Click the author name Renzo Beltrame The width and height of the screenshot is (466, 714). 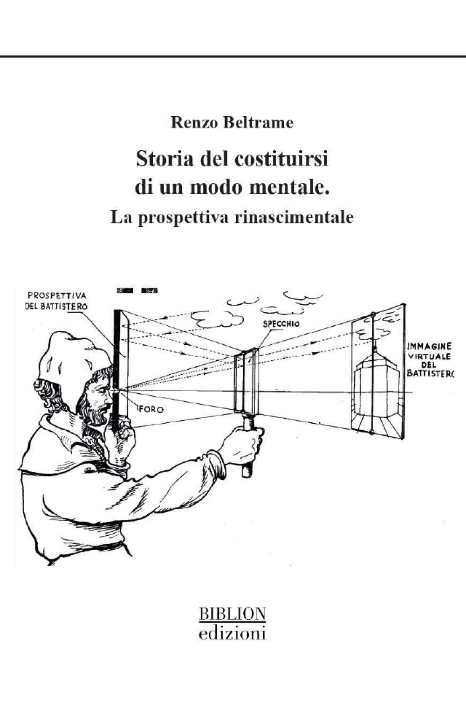pos(232,123)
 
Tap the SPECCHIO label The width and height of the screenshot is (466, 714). pos(281,324)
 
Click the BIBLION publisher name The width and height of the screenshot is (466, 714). pos(233,614)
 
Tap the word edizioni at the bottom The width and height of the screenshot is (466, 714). pos(233,633)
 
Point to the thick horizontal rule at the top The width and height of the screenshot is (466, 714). pos(233,57)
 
